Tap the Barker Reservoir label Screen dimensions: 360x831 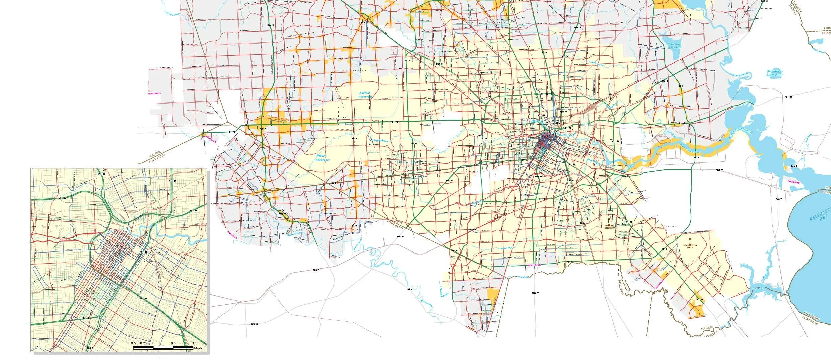click(x=322, y=158)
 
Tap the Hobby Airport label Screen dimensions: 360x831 click(x=610, y=226)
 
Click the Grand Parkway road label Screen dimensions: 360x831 click(x=273, y=64)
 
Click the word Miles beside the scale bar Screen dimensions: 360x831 click(x=198, y=348)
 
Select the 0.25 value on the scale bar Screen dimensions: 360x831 click(x=143, y=343)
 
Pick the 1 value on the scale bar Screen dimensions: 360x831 click(x=193, y=343)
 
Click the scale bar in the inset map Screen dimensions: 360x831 click(x=163, y=348)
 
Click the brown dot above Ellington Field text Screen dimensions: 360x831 click(x=690, y=239)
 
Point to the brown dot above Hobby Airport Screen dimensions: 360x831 click(x=609, y=219)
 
